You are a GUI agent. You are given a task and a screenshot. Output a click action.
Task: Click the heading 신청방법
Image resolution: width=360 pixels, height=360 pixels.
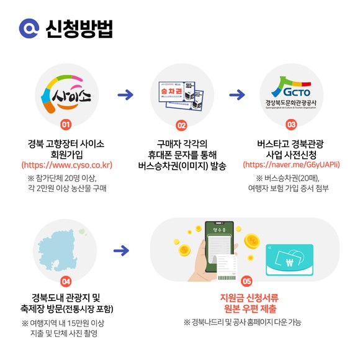[x=79, y=29]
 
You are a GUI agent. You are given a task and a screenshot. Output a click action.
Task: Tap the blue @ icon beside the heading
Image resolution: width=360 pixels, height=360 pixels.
[x=29, y=29]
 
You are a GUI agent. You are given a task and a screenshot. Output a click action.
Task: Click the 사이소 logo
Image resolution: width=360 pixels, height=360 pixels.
[x=66, y=94]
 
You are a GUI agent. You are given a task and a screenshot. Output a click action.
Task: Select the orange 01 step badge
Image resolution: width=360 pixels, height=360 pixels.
[x=66, y=125]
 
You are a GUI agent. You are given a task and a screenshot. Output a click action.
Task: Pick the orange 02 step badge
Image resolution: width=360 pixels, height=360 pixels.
[x=182, y=125]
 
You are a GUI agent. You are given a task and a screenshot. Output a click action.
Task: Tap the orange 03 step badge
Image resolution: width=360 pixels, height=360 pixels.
[x=291, y=125]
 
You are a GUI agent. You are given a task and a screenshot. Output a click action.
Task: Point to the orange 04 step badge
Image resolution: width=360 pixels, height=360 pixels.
[x=66, y=281]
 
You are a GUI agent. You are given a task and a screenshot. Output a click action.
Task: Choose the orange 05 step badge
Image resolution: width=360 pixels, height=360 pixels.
[x=247, y=281]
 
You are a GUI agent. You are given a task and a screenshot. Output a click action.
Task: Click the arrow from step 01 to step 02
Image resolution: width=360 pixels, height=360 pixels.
[x=125, y=95]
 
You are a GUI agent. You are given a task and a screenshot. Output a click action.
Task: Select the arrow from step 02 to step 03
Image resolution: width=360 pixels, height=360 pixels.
[x=237, y=95]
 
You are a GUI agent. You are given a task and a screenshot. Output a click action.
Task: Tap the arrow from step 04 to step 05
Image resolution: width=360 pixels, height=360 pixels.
[x=122, y=251]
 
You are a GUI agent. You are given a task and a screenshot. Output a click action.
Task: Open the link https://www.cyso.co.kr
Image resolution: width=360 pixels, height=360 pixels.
[x=67, y=165]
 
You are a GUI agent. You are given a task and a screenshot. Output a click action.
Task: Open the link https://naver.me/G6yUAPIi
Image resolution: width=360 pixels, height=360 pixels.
[x=291, y=165]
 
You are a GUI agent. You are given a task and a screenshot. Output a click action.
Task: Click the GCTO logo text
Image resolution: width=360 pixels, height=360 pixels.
[x=297, y=92]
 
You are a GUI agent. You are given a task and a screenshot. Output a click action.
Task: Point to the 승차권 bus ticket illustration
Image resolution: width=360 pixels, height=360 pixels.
[x=181, y=96]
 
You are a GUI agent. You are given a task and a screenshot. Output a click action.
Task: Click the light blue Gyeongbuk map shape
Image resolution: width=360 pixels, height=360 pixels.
[x=58, y=251]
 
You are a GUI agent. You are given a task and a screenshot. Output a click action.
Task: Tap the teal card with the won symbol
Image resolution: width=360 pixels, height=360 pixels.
[x=289, y=259]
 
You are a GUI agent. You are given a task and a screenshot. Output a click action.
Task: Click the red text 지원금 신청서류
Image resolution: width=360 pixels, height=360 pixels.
[x=250, y=298]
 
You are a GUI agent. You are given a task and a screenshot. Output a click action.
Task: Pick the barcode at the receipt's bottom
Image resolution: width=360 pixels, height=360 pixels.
[x=227, y=278]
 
